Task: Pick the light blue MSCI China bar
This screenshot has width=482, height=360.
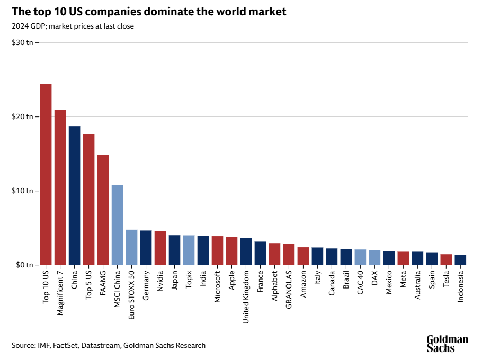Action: click(118, 224)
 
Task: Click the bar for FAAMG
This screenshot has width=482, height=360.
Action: click(103, 209)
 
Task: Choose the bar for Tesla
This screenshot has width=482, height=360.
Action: click(447, 259)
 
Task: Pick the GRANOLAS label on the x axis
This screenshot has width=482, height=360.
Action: click(289, 291)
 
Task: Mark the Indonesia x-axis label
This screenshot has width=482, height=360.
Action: click(461, 287)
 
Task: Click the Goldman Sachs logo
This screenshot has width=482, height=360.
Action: click(447, 344)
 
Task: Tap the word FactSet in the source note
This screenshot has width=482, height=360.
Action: click(66, 345)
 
